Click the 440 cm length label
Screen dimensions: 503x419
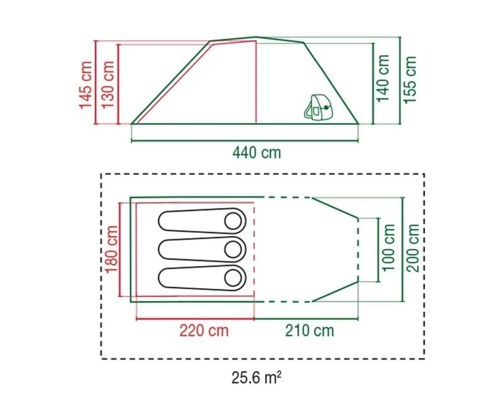pos(257,152)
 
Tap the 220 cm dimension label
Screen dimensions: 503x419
pos(204,330)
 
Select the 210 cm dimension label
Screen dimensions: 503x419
pos(309,330)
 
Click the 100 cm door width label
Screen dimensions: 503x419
pos(387,248)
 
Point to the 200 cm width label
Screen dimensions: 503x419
pos(413,248)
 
